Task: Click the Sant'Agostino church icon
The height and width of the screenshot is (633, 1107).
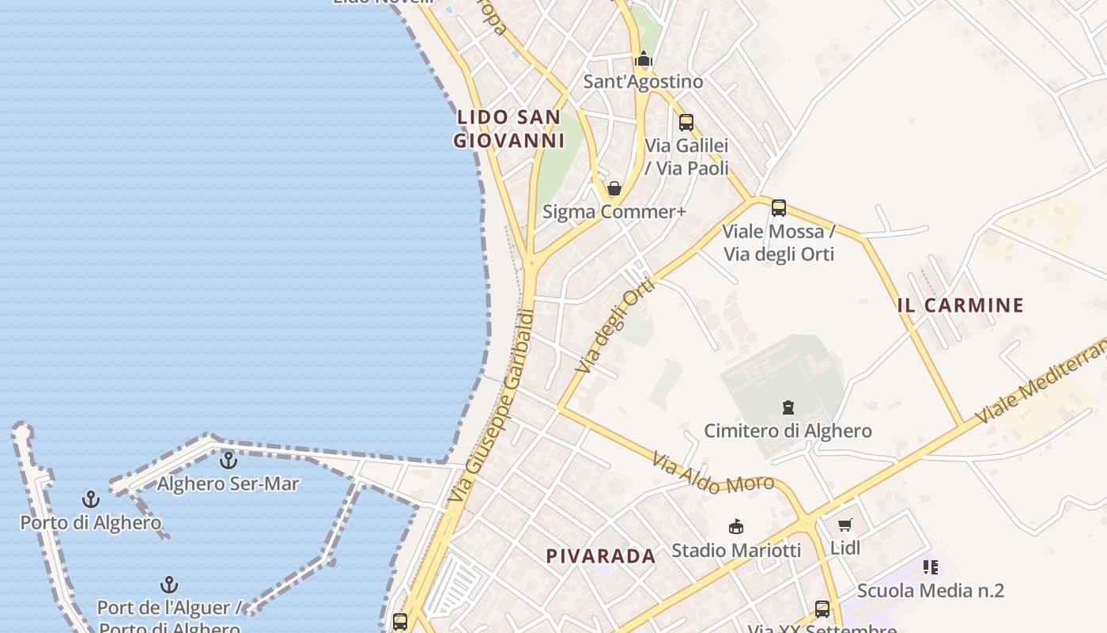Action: tap(644, 59)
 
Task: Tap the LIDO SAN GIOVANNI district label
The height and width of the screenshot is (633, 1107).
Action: tap(509, 129)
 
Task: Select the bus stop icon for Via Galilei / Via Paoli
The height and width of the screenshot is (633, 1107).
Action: tap(686, 123)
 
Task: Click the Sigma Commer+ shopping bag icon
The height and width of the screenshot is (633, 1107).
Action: tap(614, 189)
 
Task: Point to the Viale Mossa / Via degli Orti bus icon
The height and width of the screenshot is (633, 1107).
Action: tap(779, 208)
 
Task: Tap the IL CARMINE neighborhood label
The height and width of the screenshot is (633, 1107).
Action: tap(961, 305)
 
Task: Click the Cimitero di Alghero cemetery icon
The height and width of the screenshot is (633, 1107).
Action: tap(788, 408)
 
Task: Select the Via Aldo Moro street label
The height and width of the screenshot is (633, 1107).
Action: tap(712, 473)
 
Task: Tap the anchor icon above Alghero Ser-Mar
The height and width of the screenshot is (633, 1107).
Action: tap(229, 460)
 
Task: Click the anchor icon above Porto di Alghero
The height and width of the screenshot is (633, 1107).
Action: tap(91, 499)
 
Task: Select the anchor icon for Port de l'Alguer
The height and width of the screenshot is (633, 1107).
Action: tap(169, 586)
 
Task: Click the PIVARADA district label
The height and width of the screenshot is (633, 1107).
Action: tap(601, 556)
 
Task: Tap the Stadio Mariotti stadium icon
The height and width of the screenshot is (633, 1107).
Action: tap(736, 527)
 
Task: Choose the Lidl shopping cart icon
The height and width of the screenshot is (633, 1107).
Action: tap(845, 525)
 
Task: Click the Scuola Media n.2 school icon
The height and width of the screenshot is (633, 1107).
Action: tap(931, 567)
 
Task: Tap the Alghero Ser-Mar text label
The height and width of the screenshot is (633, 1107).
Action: tap(228, 483)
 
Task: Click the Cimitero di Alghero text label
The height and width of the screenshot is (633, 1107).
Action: tap(788, 431)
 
